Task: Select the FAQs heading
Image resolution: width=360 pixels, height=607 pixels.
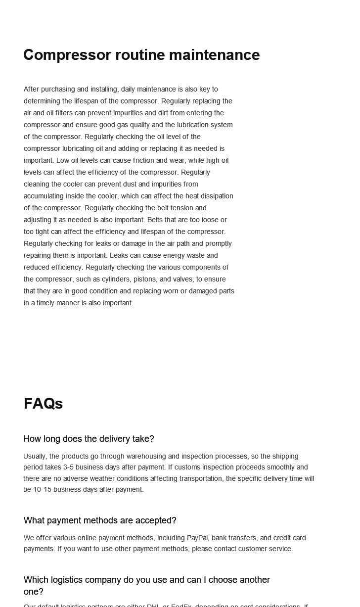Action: (x=43, y=404)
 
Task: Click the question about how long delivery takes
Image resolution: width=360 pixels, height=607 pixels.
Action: (x=89, y=439)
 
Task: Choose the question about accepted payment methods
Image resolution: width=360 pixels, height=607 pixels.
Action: (x=100, y=520)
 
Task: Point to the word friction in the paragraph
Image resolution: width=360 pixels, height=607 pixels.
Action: (x=143, y=160)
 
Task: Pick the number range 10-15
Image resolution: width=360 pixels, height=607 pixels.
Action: (x=41, y=489)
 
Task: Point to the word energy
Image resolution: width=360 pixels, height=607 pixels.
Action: (x=170, y=255)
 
